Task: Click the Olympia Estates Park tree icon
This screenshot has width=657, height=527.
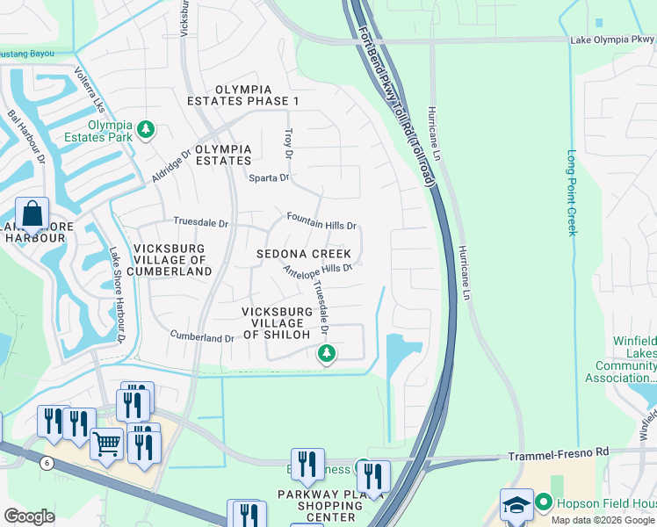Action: coord(146,132)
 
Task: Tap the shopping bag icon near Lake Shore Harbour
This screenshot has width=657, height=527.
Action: coord(32,214)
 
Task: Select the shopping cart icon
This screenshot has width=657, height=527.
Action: coord(106,444)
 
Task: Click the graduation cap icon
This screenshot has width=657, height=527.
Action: coord(516,505)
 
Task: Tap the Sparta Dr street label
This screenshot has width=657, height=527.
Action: coord(271,178)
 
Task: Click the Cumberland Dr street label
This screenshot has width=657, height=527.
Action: coord(202,337)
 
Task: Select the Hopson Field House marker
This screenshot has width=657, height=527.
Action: coord(544,503)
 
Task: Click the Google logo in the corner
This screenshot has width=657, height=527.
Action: coord(29,516)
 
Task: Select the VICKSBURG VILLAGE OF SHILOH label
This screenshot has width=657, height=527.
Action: coord(277,323)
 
